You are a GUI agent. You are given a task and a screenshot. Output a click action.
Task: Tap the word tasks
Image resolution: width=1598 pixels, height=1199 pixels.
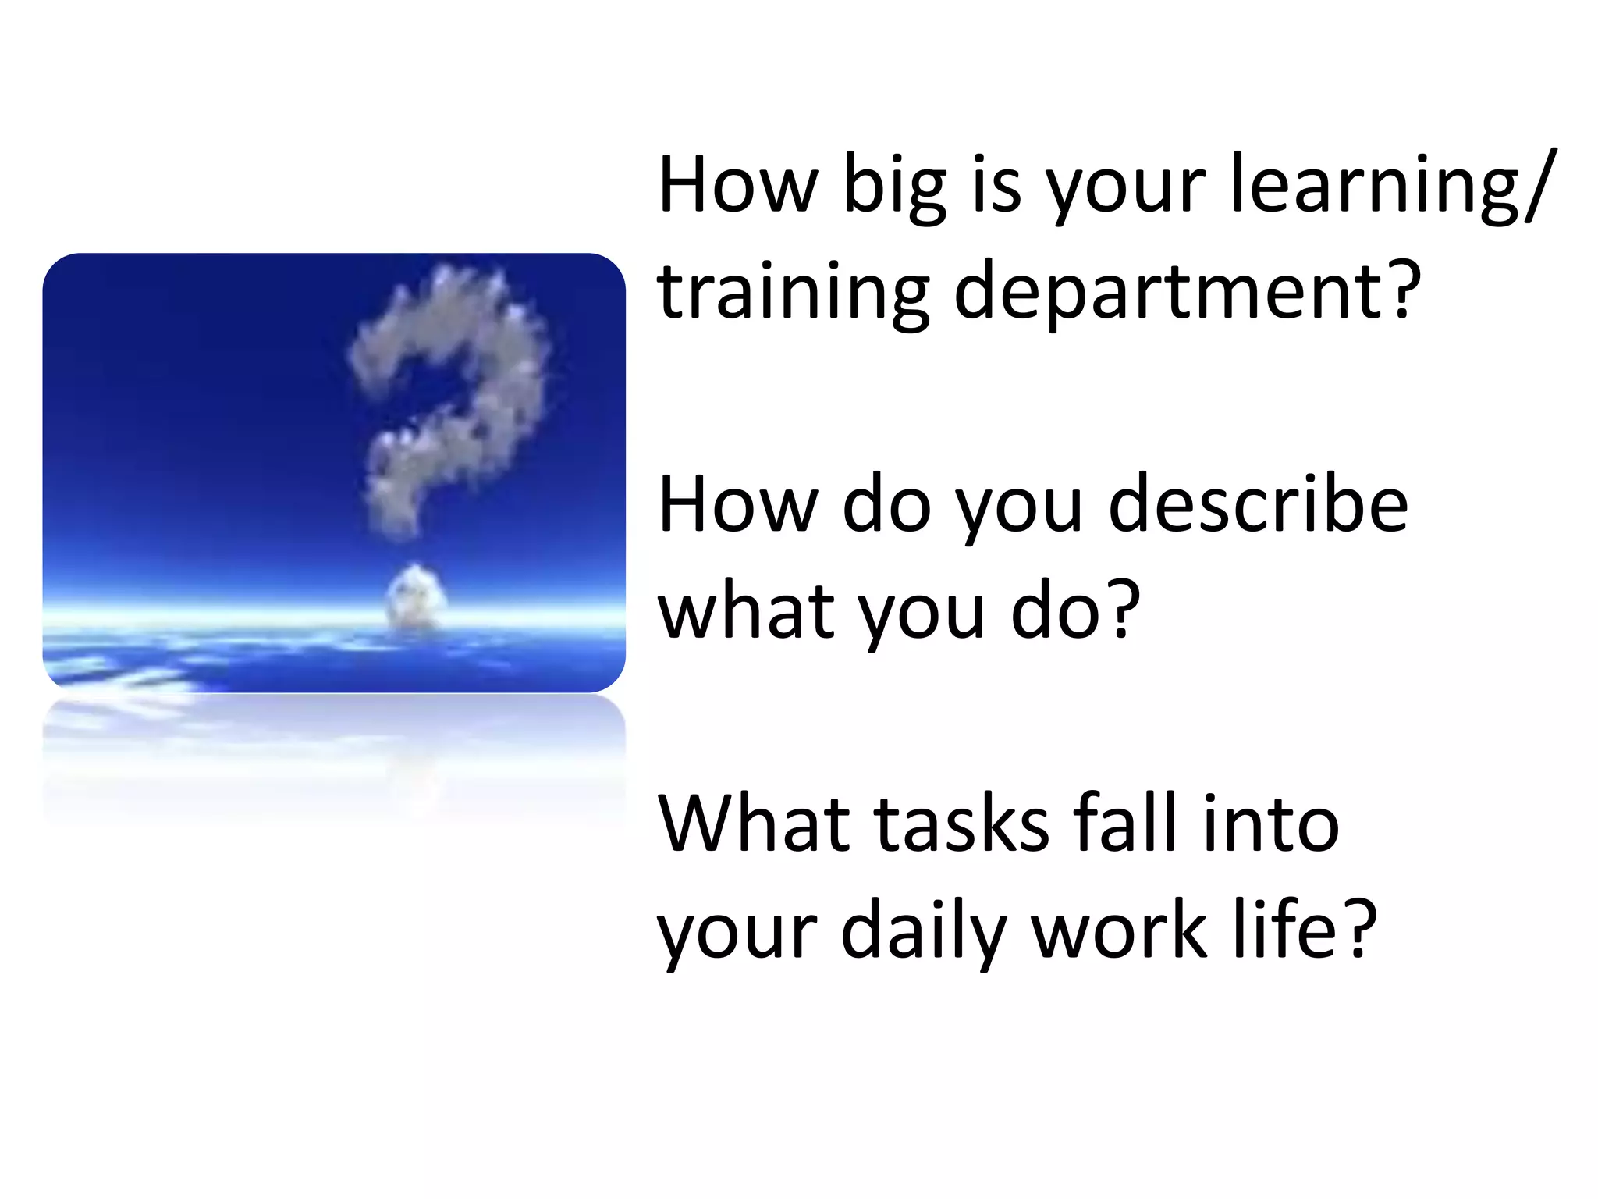[x=962, y=824]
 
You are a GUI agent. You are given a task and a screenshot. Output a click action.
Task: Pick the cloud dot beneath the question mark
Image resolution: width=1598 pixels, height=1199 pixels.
[x=416, y=597]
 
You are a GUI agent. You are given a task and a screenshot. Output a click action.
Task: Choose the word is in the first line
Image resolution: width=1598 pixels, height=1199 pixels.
[x=996, y=186]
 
